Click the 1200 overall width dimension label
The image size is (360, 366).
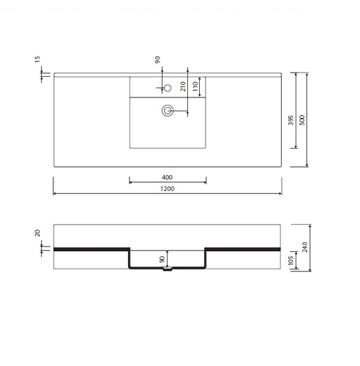pos(168,189)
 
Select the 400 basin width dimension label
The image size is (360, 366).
pos(168,177)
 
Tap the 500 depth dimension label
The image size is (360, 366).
pos(302,120)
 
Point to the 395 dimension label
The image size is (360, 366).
pos(290,120)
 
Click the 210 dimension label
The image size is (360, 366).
pos(183,86)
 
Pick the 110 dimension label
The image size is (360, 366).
pos(195,86)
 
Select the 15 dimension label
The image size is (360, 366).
pos(37,59)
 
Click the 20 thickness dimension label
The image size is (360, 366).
pos(37,233)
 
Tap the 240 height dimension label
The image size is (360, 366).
pos(304,247)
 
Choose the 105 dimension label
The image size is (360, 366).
pos(290,260)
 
